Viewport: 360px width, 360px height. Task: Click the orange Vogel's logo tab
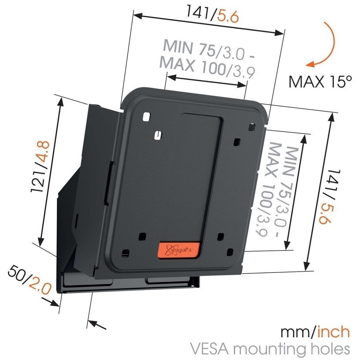pyautogui.click(x=179, y=249)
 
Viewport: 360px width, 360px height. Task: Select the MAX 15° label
pyautogui.click(x=320, y=81)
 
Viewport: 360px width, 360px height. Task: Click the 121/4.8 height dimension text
pyautogui.click(x=40, y=167)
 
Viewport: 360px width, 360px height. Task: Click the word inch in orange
pyautogui.click(x=334, y=332)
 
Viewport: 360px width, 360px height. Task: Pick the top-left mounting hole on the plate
pyautogui.click(x=146, y=117)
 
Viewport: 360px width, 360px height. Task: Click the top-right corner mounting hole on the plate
pyautogui.click(x=252, y=127)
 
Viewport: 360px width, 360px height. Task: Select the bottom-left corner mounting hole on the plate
pyautogui.click(x=125, y=253)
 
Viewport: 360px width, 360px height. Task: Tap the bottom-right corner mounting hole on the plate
pyautogui.click(x=230, y=252)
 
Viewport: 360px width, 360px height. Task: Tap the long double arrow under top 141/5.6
pyautogui.click(x=209, y=24)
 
